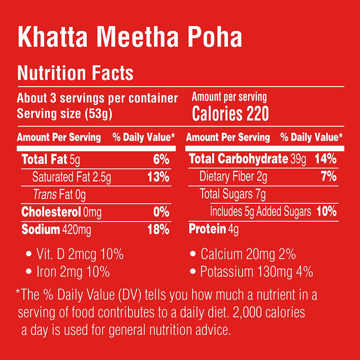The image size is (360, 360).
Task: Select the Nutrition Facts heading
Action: (75, 73)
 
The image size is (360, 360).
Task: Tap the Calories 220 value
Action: (230, 114)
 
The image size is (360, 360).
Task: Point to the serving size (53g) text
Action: (65, 114)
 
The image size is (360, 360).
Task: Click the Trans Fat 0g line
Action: (59, 195)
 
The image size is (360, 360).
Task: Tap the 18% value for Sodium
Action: (158, 230)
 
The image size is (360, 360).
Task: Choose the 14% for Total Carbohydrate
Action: (325, 159)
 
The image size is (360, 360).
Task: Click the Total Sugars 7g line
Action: (233, 194)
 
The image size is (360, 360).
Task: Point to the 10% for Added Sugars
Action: (327, 212)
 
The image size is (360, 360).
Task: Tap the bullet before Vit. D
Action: (29, 255)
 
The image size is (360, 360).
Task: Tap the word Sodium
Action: (41, 230)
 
